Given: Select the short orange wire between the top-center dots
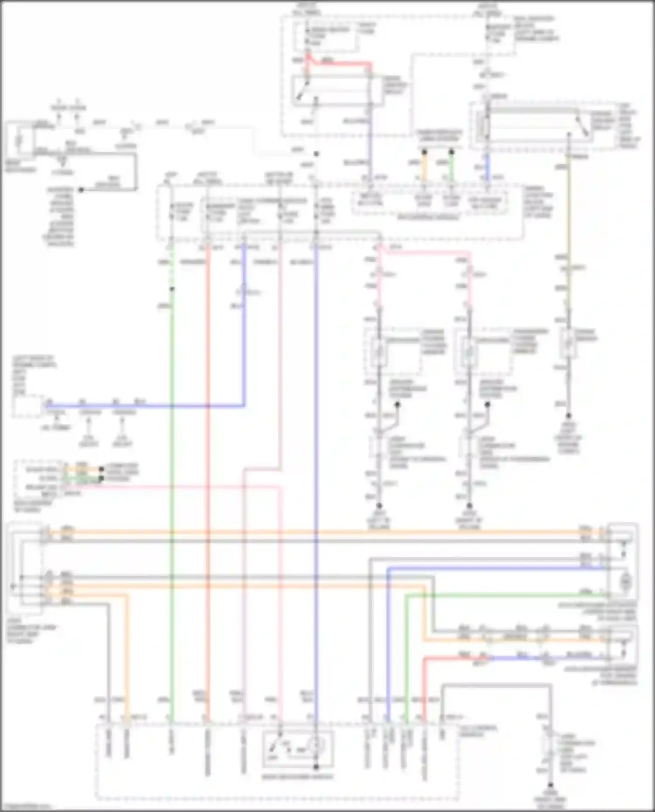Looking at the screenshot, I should [x=424, y=166].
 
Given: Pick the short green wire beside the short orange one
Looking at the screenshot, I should [x=451, y=166].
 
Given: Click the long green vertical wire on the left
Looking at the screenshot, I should [x=172, y=480].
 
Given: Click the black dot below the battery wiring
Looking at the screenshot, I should [x=81, y=190].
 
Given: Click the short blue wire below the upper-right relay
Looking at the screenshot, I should [x=488, y=168].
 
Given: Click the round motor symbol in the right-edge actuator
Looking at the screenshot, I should [x=626, y=581].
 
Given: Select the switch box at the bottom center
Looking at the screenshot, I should [x=298, y=749].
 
